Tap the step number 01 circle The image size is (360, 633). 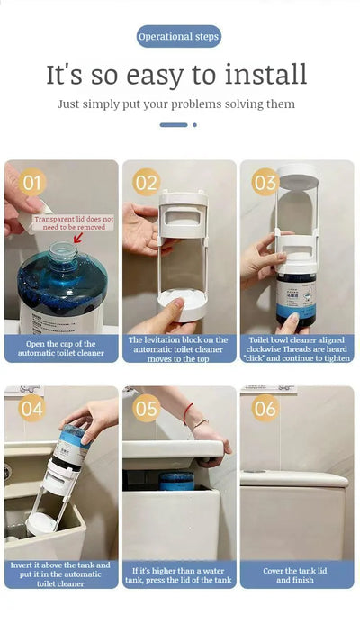pos(31,184)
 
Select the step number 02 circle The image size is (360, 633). pos(147,183)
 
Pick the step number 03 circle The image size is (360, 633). pos(265,183)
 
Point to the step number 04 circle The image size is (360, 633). pos(31,409)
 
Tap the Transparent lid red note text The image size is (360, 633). pos(73,222)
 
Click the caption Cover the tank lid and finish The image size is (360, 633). pos(296,574)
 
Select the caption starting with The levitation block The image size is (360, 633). pos(179,348)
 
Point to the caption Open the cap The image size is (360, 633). pos(60,348)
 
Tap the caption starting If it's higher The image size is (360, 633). pos(179,574)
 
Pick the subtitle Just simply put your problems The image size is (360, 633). pos(176,104)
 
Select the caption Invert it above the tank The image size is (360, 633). pos(60,574)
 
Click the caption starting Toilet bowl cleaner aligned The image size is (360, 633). pos(296,348)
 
